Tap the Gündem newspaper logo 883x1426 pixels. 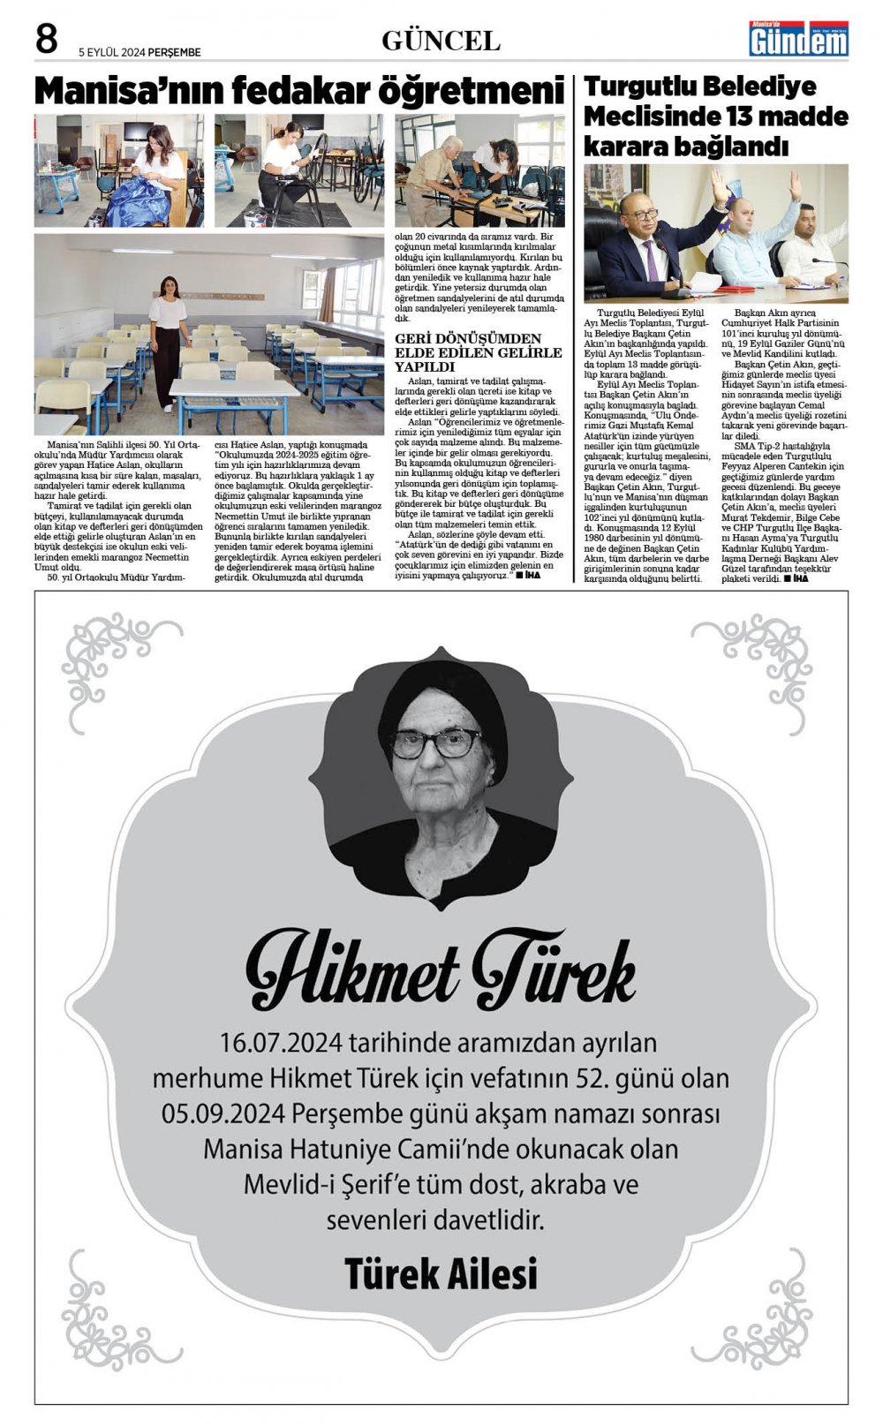[x=798, y=40]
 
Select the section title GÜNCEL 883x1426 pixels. [x=441, y=41]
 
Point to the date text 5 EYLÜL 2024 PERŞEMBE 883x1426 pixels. [x=140, y=52]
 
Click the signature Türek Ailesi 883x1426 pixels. [x=441, y=1273]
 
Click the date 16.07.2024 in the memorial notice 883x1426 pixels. [x=280, y=1043]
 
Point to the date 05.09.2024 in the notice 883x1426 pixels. [x=223, y=1113]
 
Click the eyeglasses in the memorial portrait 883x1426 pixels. [x=434, y=743]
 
